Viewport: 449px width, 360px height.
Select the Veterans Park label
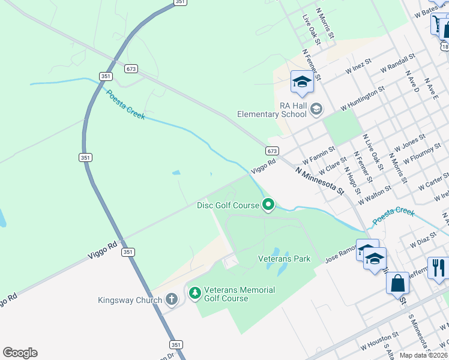coord(284,259)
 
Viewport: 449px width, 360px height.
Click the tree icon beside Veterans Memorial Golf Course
coord(194,293)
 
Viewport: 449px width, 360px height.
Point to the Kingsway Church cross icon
coord(171,299)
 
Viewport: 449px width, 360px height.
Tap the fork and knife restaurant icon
coord(438,267)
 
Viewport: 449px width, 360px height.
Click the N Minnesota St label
coord(319,181)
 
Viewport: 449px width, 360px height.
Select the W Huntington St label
coord(362,98)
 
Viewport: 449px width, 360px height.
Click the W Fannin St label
coord(318,157)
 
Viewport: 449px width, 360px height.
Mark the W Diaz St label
coord(422,241)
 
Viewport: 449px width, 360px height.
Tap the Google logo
coord(20,353)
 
